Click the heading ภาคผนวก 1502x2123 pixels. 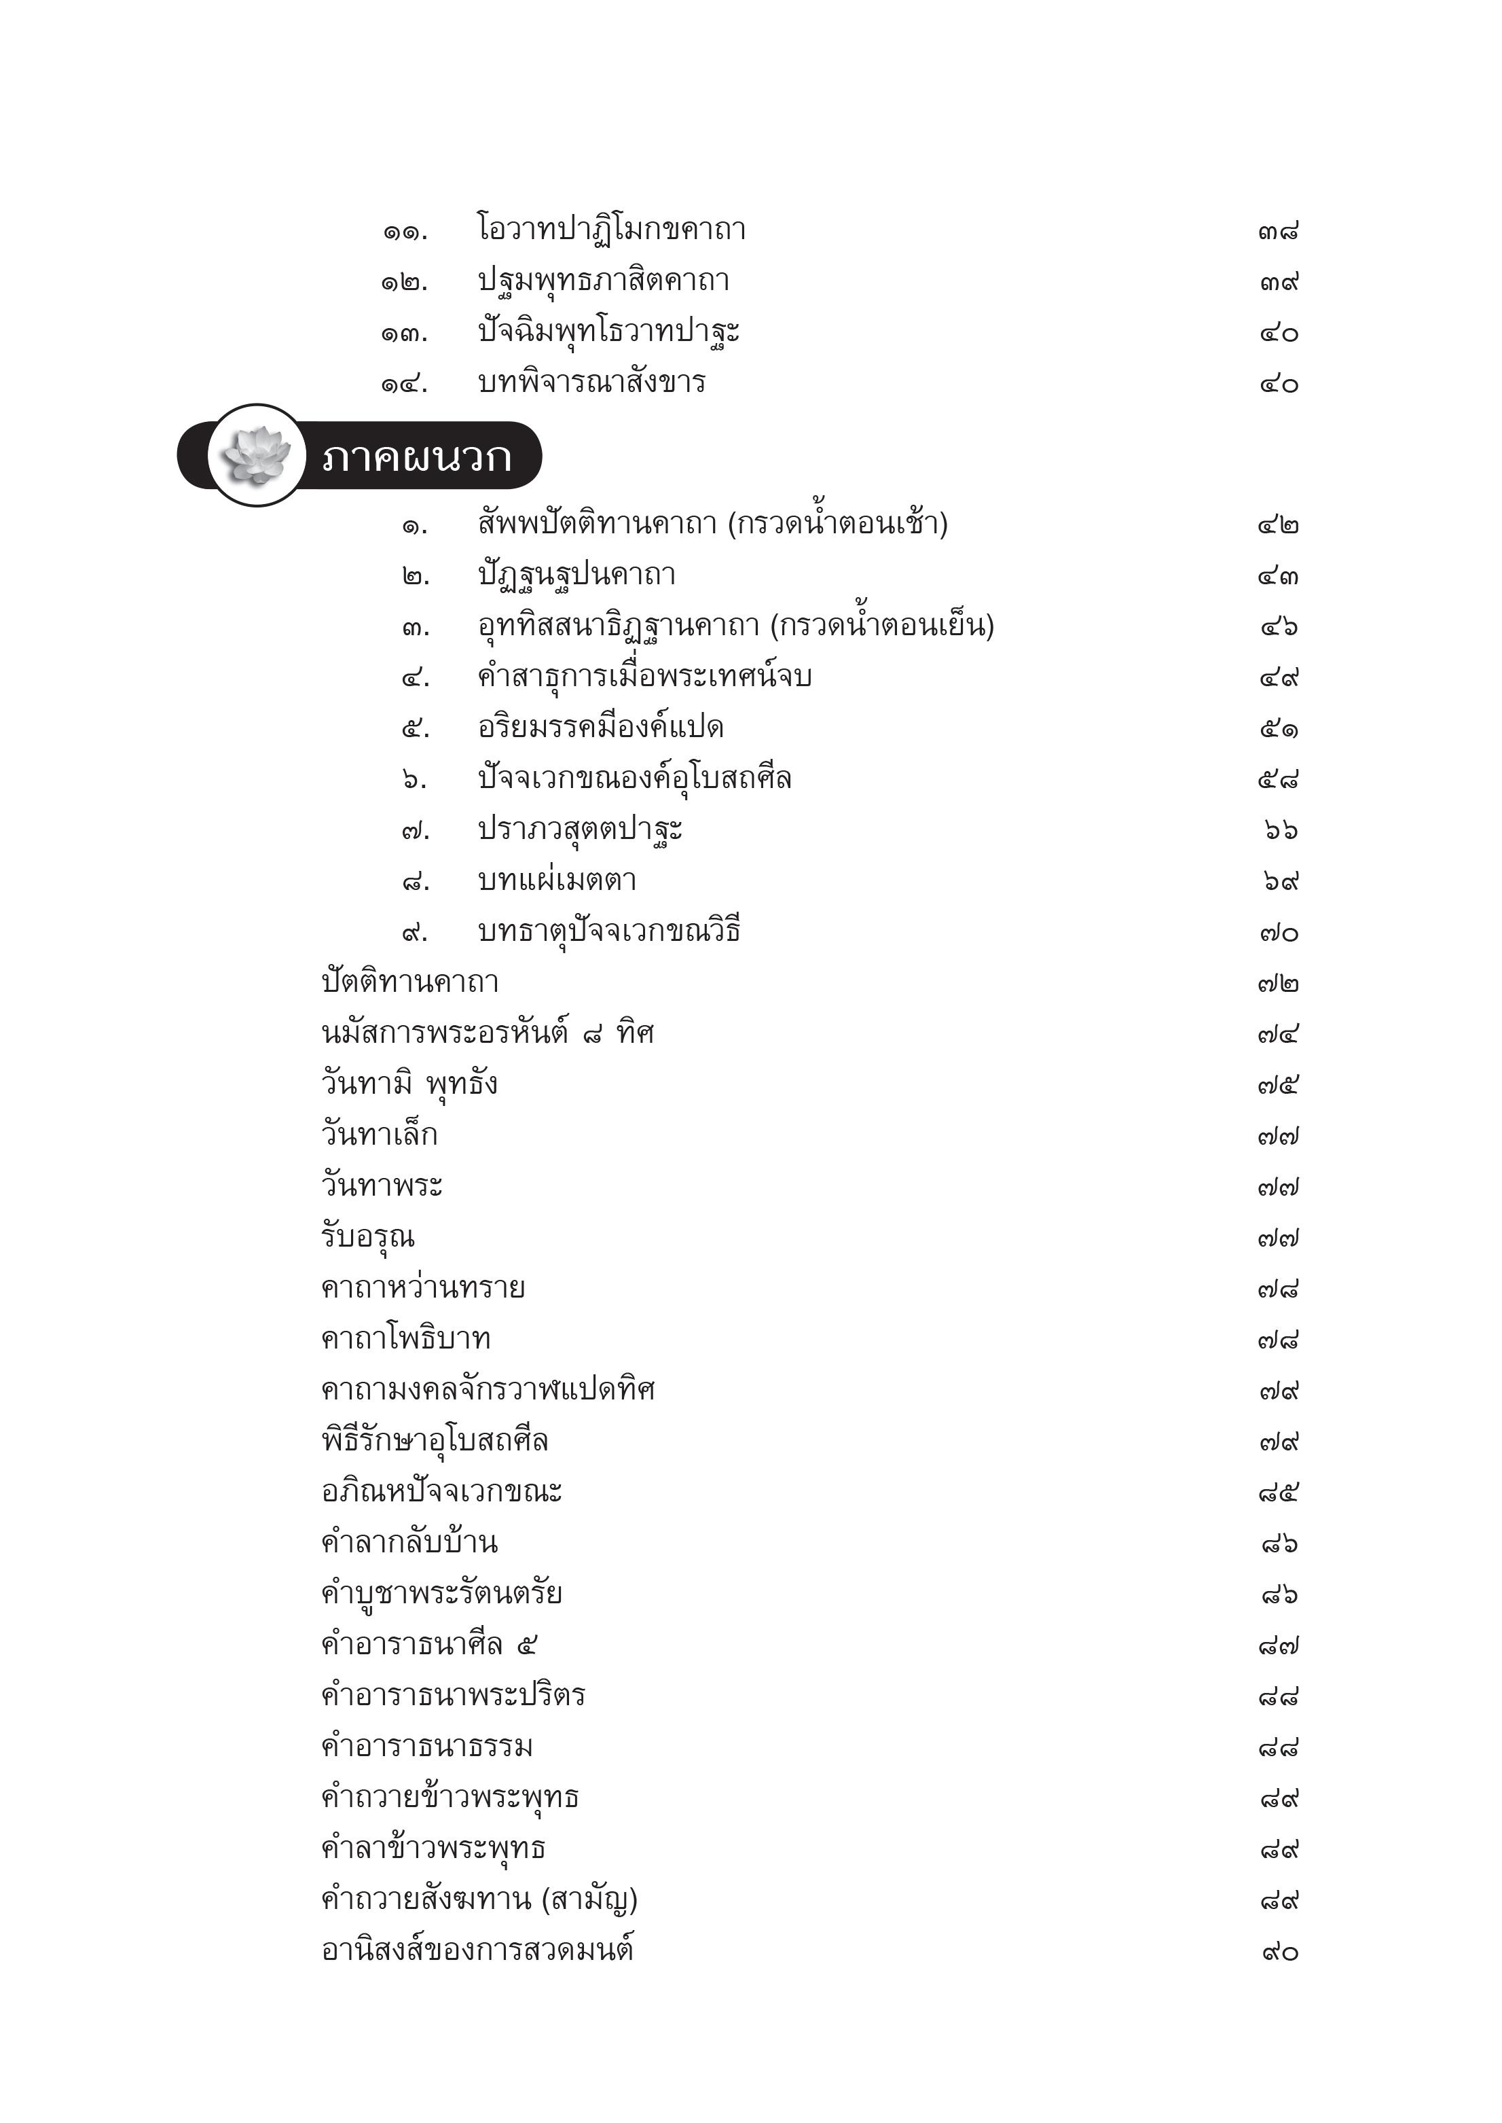pyautogui.click(x=416, y=457)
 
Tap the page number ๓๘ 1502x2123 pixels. pyautogui.click(x=1278, y=231)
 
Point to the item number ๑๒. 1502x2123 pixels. pyautogui.click(x=404, y=282)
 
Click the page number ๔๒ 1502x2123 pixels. pyautogui.click(x=1278, y=525)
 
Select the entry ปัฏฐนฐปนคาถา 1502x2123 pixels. pyautogui.click(x=576, y=575)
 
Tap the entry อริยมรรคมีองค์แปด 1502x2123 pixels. pyautogui.click(x=600, y=727)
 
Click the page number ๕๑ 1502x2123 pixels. pyautogui.click(x=1278, y=729)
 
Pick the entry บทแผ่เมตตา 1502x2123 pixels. pyautogui.click(x=557, y=880)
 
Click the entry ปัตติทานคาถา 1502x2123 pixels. pyautogui.click(x=409, y=982)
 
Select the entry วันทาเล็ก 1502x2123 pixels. pyautogui.click(x=379, y=1134)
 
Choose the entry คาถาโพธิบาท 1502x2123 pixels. pyautogui.click(x=405, y=1338)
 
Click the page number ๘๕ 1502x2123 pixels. pyautogui.click(x=1278, y=1492)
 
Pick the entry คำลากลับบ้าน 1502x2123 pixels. pyautogui.click(x=409, y=1542)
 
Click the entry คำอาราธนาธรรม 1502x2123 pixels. pyautogui.click(x=426, y=1745)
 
